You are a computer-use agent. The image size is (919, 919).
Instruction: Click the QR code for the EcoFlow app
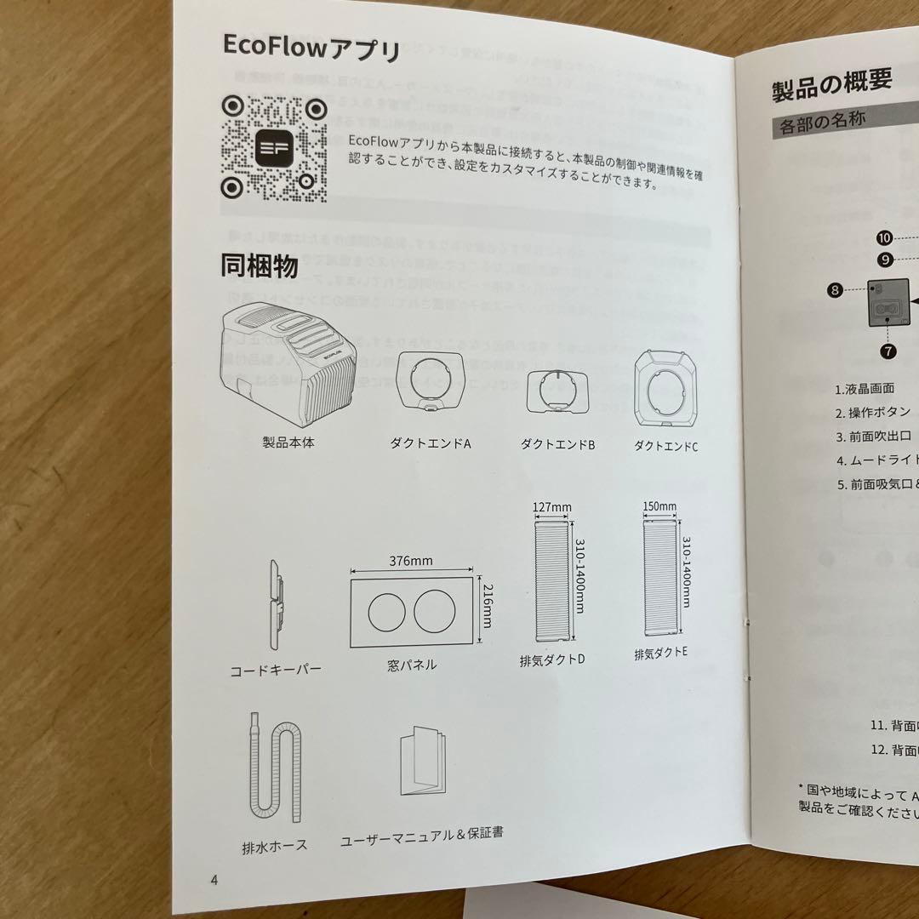coord(275,146)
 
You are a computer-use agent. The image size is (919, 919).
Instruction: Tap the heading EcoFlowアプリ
coord(311,48)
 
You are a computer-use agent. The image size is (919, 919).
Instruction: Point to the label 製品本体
coord(288,443)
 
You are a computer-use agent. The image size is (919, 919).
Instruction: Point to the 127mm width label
coord(551,507)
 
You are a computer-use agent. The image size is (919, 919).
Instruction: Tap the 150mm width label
coord(659,506)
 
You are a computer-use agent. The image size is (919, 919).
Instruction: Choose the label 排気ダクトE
coord(660,654)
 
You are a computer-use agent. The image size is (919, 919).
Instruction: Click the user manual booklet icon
coord(423,762)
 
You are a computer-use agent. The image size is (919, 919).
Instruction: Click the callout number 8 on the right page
coord(835,289)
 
